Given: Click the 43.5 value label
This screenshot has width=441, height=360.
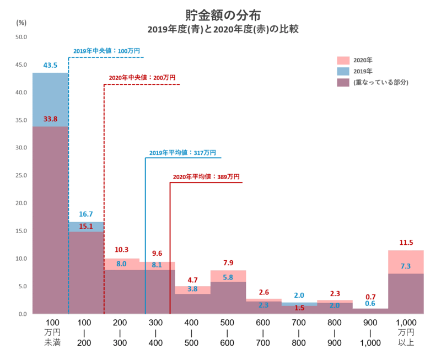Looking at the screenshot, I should [x=50, y=65].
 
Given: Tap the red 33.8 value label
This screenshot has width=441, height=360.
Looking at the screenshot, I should [x=50, y=118].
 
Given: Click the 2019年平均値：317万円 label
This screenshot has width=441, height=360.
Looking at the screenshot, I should [x=182, y=153].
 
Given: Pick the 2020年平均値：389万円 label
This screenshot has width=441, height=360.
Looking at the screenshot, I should [x=206, y=177].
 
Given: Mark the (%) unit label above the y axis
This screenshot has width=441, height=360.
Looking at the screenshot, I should [x=21, y=23].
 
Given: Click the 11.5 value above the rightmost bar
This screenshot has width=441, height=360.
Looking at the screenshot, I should [x=406, y=243].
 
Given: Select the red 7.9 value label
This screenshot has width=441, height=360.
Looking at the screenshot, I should [x=228, y=262].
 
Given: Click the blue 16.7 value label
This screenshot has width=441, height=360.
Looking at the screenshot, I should [x=85, y=214].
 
